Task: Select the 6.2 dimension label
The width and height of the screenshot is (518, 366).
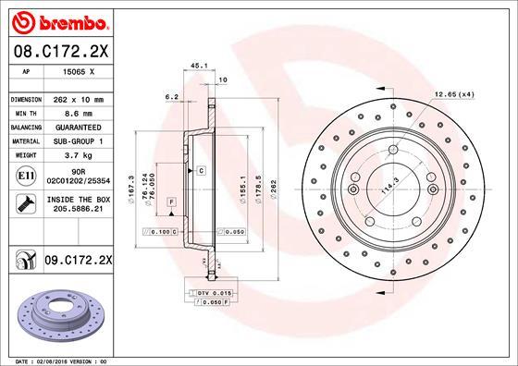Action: [170, 95]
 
